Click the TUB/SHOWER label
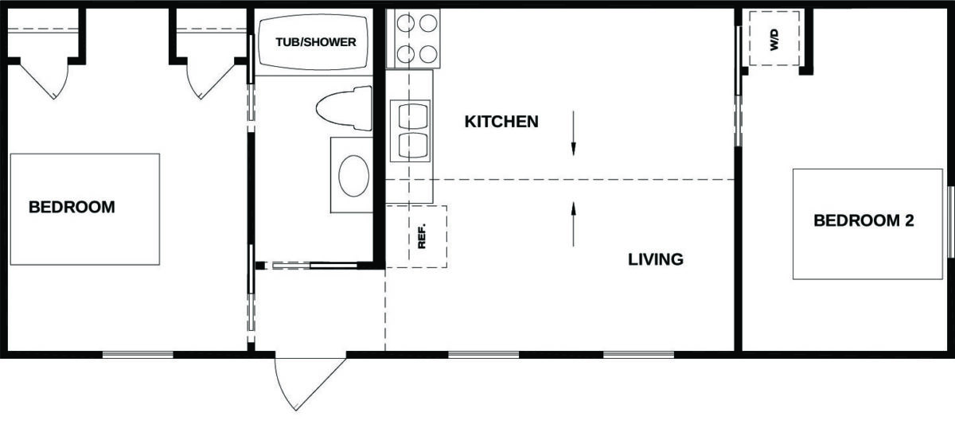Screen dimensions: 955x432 [315, 42]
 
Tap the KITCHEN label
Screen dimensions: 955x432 [501, 122]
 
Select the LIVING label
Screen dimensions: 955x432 [656, 259]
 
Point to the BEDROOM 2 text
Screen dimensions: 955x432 [863, 220]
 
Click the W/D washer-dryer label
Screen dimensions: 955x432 [774, 40]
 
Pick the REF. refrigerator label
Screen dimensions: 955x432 [422, 236]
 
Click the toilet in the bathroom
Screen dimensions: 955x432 [345, 108]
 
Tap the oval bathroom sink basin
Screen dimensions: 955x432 [354, 176]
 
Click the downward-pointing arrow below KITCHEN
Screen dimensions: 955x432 [574, 134]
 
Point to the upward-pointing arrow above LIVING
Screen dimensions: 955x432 [574, 224]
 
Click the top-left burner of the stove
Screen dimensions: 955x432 [405, 23]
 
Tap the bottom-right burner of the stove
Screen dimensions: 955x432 [428, 54]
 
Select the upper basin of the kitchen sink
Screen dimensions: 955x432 [413, 116]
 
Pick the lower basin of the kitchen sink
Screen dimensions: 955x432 [413, 145]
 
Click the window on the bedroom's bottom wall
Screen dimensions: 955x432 [138, 355]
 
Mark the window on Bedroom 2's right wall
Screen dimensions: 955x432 [950, 222]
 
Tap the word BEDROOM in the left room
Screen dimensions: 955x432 [72, 207]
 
